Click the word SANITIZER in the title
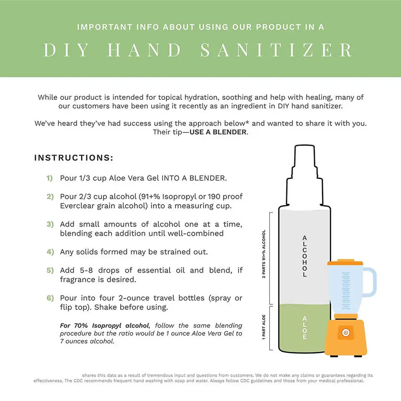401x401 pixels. point(277,50)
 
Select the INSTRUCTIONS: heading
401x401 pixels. point(74,158)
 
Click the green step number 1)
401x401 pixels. point(50,178)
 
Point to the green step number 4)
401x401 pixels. point(50,252)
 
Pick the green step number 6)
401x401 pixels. point(50,298)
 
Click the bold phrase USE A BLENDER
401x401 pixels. point(218,132)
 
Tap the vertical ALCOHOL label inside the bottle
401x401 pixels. point(305,256)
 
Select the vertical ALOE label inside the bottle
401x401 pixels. point(305,327)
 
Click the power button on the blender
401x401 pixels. point(345,332)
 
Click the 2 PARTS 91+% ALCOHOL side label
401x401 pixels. point(264,255)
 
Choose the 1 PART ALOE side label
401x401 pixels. point(264,327)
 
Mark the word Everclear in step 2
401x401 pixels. point(77,206)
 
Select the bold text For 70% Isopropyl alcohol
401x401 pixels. point(104,325)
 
